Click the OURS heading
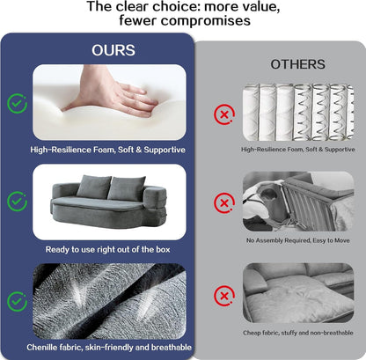(x=113, y=50)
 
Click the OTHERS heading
(x=297, y=64)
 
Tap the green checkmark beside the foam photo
(x=17, y=104)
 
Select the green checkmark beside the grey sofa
(x=17, y=202)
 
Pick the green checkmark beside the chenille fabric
(x=17, y=301)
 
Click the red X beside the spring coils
(x=224, y=114)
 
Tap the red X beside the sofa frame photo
(x=224, y=202)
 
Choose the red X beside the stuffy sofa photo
(x=224, y=296)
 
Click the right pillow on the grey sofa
(x=127, y=188)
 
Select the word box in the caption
(x=163, y=249)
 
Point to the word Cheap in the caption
(x=252, y=333)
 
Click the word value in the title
(x=259, y=7)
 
